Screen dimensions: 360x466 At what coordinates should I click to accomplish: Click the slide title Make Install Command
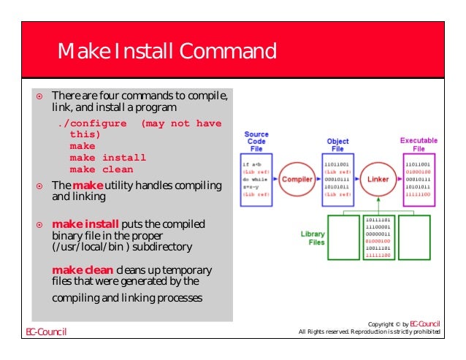(167, 52)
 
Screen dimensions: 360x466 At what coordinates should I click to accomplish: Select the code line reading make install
(107, 157)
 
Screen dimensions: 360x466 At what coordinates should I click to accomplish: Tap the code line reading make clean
(102, 169)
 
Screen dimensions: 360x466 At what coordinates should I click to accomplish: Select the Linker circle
(379, 179)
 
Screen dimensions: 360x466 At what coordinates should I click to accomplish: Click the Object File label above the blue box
(337, 144)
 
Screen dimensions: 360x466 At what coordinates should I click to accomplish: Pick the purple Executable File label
(418, 143)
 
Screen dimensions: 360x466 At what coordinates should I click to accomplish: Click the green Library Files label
(313, 238)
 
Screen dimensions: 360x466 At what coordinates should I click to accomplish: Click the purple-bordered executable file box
(419, 179)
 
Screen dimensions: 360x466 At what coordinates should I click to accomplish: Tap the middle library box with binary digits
(379, 238)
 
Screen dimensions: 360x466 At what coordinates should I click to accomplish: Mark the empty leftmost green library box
(345, 238)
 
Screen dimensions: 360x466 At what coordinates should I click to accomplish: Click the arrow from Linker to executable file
(400, 179)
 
